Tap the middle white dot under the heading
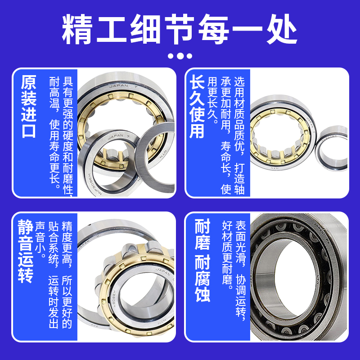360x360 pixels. coord(180,56)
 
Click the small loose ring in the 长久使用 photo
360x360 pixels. coord(331,148)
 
